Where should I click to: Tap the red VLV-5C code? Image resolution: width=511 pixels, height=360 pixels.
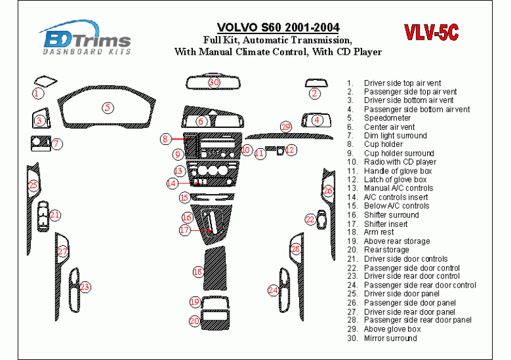pos(431,32)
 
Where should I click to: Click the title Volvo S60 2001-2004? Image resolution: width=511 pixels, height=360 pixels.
pos(278,28)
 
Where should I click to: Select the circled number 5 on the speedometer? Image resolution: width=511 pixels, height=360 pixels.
pos(109,108)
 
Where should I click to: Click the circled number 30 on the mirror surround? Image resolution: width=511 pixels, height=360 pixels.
pos(214,83)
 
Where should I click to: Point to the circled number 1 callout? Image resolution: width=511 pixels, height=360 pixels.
pos(38,93)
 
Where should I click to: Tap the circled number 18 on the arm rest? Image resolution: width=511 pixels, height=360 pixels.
pos(198,272)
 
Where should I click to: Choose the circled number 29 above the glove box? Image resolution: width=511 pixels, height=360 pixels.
pos(286,127)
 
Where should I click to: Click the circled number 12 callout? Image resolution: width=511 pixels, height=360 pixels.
pos(290,150)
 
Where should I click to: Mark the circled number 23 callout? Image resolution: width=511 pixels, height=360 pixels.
pos(85,287)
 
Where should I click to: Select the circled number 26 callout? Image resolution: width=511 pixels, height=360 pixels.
pos(327,190)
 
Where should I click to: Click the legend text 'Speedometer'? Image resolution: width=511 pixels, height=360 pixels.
pos(387,118)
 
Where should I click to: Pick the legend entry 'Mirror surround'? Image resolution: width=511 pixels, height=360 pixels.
pos(390,339)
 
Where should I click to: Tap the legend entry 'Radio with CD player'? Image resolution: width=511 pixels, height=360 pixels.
pos(399,162)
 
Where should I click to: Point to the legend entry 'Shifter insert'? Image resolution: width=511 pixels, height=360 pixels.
pos(385,224)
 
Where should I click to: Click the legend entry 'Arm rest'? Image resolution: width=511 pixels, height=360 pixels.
pos(379,233)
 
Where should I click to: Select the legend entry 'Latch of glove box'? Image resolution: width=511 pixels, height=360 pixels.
pos(395,180)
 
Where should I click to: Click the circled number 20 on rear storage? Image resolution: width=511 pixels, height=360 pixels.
pos(194,322)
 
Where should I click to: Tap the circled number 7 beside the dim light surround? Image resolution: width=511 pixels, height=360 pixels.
pos(56,144)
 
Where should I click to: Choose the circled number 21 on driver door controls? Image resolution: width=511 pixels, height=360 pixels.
pos(55,216)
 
